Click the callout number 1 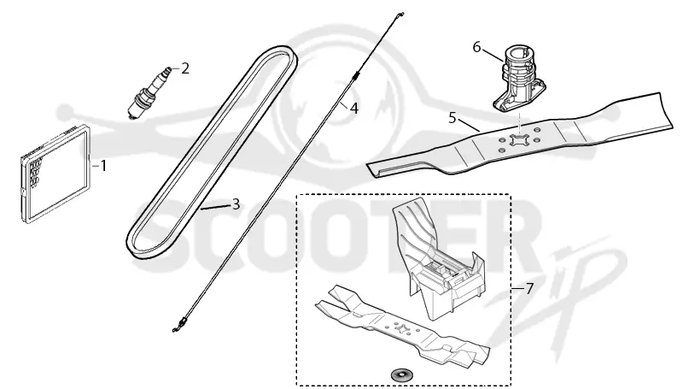(103, 166)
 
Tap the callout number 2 (185, 68)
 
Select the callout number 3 (236, 203)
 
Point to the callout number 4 (354, 109)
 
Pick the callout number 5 (452, 118)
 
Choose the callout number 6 (477, 47)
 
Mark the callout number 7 (529, 288)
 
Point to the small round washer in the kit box (400, 374)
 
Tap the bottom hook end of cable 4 (178, 327)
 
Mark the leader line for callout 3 (216, 207)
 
